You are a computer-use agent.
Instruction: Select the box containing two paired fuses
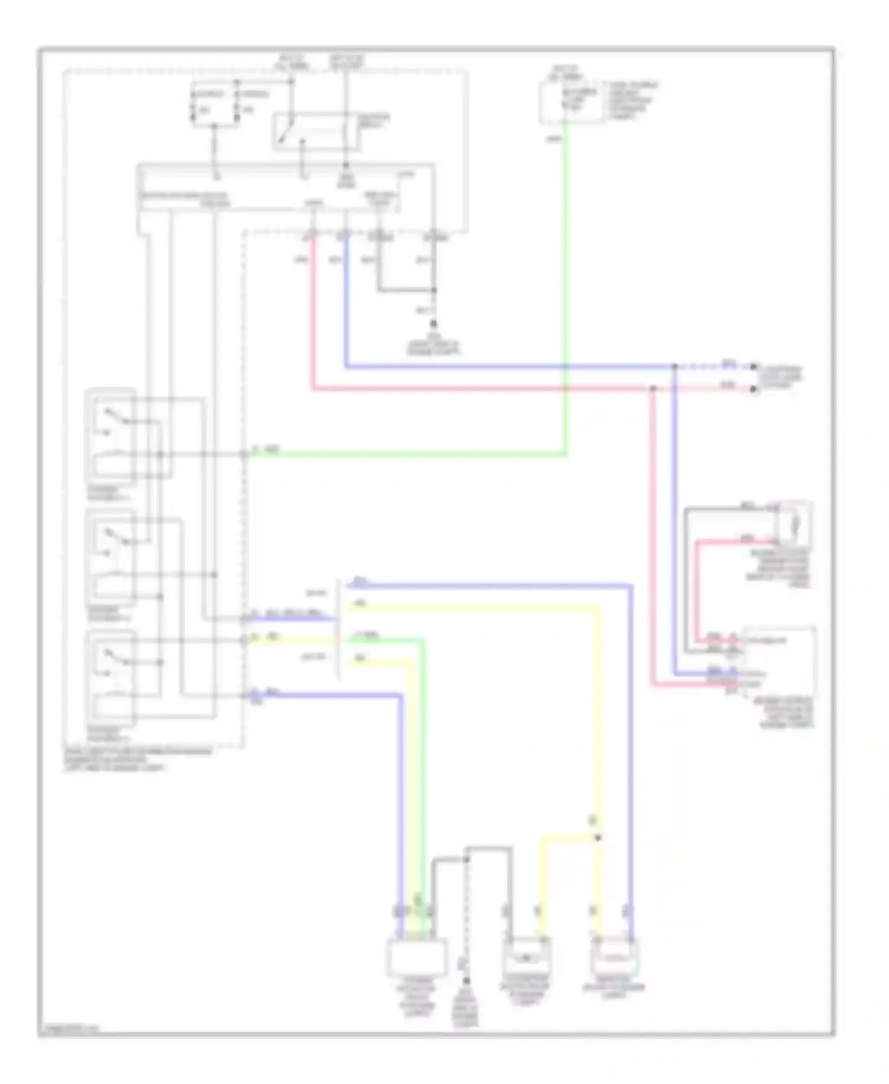click(x=215, y=104)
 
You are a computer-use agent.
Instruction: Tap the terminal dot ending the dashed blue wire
click(x=753, y=367)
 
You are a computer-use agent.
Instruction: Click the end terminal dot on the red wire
click(x=753, y=390)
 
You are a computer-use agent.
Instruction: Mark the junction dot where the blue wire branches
click(x=674, y=367)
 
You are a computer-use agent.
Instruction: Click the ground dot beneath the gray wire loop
click(x=433, y=324)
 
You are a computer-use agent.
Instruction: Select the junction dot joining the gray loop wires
click(x=433, y=290)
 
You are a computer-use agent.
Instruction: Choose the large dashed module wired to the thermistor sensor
click(x=779, y=661)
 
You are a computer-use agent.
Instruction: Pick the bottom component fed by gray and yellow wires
click(x=526, y=956)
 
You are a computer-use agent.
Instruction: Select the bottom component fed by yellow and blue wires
click(x=615, y=956)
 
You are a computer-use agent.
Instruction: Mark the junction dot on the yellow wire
click(x=597, y=837)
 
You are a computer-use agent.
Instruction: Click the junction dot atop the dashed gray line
click(x=466, y=859)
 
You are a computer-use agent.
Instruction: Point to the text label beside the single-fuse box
click(x=631, y=101)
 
